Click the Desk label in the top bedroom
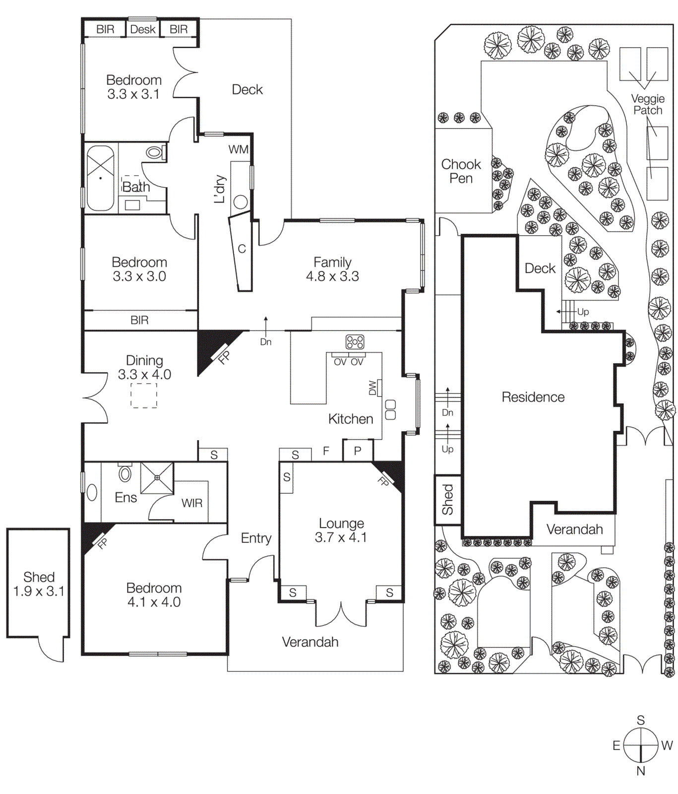pyautogui.click(x=143, y=29)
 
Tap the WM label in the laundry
pyautogui.click(x=238, y=149)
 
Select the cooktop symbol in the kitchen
pyautogui.click(x=355, y=342)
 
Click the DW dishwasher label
pyautogui.click(x=373, y=388)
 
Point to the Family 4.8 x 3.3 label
pyautogui.click(x=332, y=269)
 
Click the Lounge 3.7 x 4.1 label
pyautogui.click(x=341, y=530)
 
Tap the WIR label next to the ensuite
pyautogui.click(x=192, y=503)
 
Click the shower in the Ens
pyautogui.click(x=157, y=478)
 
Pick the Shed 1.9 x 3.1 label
pyautogui.click(x=39, y=584)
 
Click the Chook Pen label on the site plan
pyautogui.click(x=461, y=171)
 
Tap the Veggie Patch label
pyautogui.click(x=648, y=104)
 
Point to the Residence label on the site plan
pyautogui.click(x=533, y=397)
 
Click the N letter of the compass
pyautogui.click(x=641, y=771)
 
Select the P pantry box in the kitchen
pyautogui.click(x=358, y=451)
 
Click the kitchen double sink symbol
pyautogui.click(x=390, y=409)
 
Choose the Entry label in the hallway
pyautogui.click(x=256, y=538)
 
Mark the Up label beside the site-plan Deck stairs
pyautogui.click(x=583, y=312)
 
